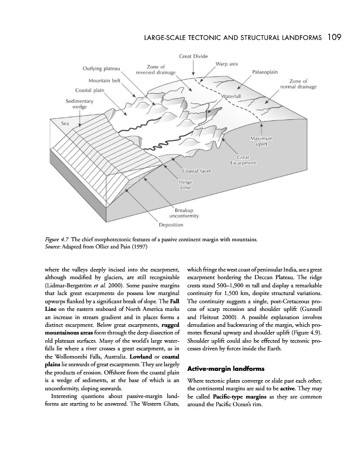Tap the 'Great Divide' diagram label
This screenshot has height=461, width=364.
coord(193,55)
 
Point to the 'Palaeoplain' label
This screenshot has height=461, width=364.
coord(265,72)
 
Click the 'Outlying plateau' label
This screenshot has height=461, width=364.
coord(101,69)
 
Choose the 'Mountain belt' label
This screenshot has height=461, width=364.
coord(105,80)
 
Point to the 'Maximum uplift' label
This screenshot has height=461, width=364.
coord(261,142)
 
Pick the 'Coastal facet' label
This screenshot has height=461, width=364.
coord(197,171)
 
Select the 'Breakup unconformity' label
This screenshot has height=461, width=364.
coord(186,213)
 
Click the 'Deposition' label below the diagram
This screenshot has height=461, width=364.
coord(171,225)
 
